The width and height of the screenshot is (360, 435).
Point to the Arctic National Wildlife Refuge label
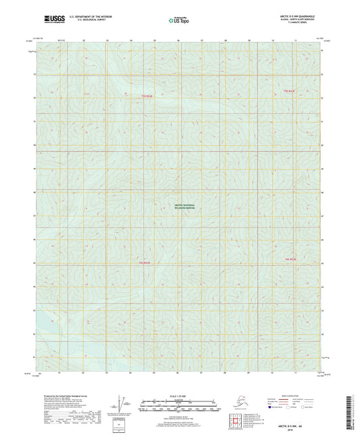[180, 207]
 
